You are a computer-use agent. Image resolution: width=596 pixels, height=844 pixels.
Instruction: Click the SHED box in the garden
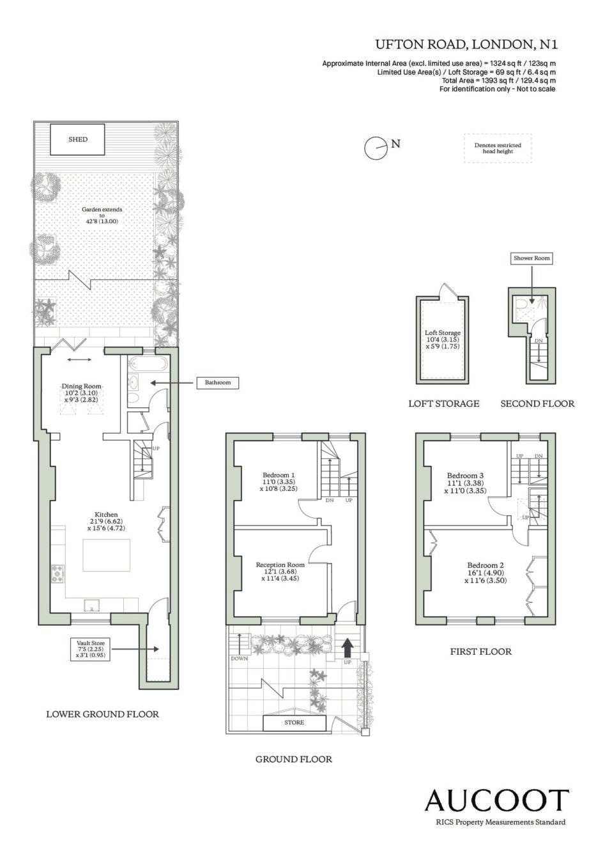click(77, 139)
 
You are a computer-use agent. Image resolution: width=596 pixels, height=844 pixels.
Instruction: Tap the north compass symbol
click(376, 147)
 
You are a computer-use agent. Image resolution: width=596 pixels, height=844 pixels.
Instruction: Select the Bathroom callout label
click(218, 383)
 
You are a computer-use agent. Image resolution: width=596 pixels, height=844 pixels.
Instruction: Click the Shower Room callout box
click(531, 258)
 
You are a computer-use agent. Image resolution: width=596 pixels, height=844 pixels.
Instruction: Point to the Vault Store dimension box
click(90, 650)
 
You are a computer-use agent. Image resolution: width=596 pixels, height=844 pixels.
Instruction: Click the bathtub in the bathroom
click(148, 364)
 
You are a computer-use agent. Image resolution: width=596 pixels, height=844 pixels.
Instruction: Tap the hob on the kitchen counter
click(58, 573)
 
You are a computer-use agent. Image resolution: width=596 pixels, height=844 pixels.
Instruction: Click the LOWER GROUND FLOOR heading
click(102, 714)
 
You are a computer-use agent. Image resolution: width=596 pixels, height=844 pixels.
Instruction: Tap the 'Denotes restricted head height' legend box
click(498, 148)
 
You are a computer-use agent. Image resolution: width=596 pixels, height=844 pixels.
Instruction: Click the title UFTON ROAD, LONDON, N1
click(466, 45)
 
